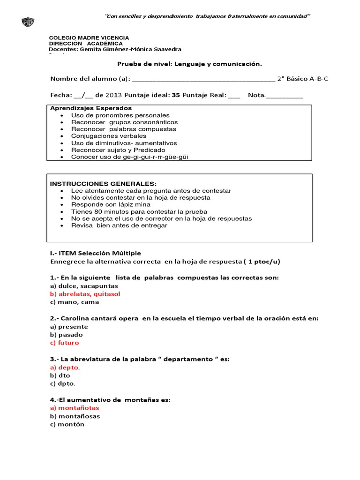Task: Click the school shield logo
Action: (28, 22)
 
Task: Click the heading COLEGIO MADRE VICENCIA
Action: (89, 37)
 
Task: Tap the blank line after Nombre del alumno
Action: (204, 79)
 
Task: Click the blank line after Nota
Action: (285, 96)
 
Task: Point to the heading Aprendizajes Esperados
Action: (84, 108)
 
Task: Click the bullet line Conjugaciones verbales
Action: (109, 136)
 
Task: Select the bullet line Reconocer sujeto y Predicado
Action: (118, 150)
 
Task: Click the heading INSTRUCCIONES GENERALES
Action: (103, 183)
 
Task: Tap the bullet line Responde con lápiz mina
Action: (111, 204)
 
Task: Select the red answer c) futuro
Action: (64, 343)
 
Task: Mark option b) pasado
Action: (66, 335)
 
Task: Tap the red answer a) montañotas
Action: (75, 408)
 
